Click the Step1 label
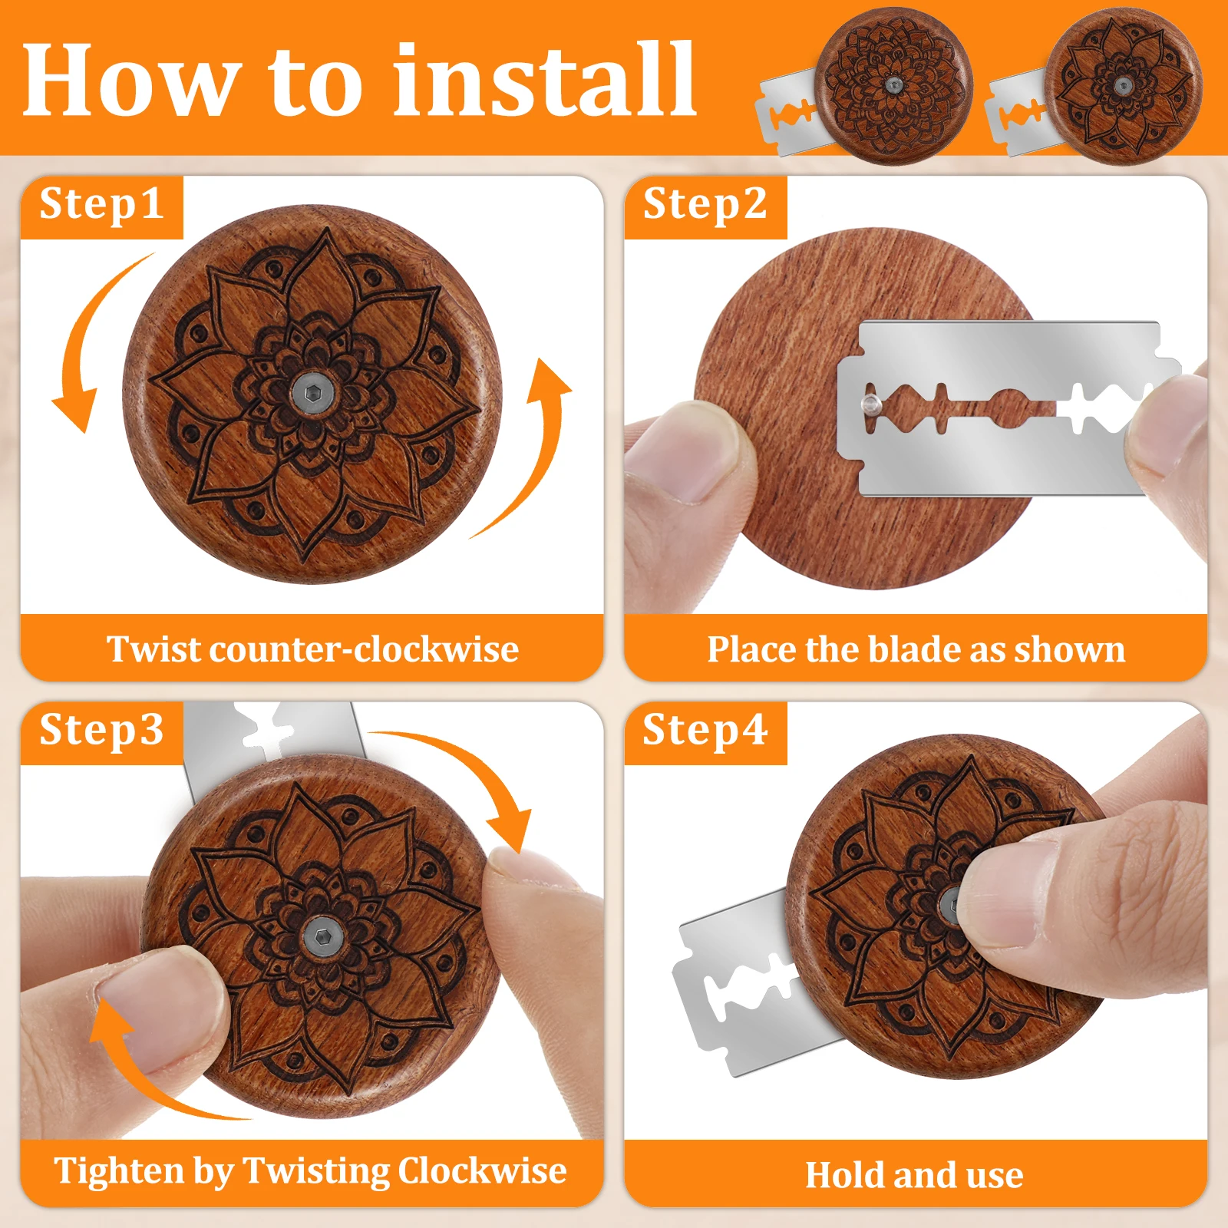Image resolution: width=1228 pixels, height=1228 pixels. (x=101, y=204)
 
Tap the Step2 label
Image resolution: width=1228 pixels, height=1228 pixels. (x=705, y=204)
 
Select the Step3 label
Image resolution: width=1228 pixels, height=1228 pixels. (x=101, y=729)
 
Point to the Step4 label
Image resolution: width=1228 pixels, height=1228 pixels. (x=705, y=729)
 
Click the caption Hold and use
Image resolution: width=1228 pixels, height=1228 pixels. (x=914, y=1175)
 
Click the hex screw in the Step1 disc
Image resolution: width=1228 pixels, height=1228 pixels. (x=312, y=394)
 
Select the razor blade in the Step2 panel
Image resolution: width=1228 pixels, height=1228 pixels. (x=1005, y=408)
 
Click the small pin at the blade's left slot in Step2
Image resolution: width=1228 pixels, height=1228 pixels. (x=870, y=404)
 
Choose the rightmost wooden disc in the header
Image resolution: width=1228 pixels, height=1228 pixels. (x=1123, y=86)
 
